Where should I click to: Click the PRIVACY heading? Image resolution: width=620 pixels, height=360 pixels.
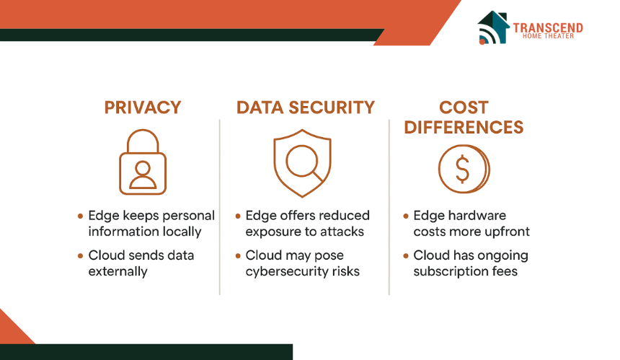pyautogui.click(x=142, y=107)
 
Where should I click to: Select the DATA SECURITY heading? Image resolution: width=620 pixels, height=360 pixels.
pyautogui.click(x=305, y=107)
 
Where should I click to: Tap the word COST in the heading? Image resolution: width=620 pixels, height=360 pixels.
pyautogui.click(x=464, y=107)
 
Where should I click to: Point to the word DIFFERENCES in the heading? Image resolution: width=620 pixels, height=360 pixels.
pyautogui.click(x=464, y=128)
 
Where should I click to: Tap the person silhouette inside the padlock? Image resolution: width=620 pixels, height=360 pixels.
pyautogui.click(x=142, y=175)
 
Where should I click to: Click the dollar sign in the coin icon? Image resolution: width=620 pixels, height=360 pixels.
pyautogui.click(x=462, y=169)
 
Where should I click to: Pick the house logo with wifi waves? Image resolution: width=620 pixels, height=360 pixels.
pyautogui.click(x=492, y=27)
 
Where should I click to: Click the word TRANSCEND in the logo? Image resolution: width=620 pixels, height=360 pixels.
pyautogui.click(x=548, y=27)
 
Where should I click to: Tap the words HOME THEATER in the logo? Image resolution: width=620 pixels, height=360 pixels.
pyautogui.click(x=548, y=36)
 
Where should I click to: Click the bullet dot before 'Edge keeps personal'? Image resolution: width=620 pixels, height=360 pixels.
pyautogui.click(x=80, y=216)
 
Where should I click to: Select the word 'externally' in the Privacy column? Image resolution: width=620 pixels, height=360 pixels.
pyautogui.click(x=118, y=271)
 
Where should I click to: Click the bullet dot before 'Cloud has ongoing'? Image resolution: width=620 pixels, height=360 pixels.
pyautogui.click(x=406, y=255)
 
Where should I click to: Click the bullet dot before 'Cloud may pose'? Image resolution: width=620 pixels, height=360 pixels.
pyautogui.click(x=238, y=255)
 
